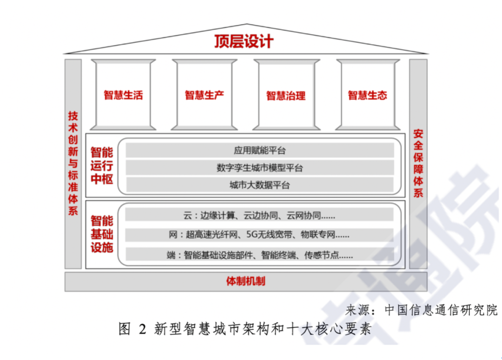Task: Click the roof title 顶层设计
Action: coord(244,42)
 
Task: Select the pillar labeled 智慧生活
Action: coord(123,95)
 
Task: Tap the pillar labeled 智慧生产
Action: coord(204,95)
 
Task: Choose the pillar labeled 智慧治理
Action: coord(286,95)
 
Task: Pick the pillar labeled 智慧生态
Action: coord(368,95)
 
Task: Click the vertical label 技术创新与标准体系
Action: coord(73,163)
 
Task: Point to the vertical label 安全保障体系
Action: coord(418,163)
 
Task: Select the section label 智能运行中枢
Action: coord(102,165)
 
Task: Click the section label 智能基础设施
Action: coord(102,234)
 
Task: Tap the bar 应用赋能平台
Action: coord(260,151)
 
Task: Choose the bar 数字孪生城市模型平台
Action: coord(260,168)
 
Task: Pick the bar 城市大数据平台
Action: coord(260,185)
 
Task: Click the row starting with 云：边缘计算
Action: coord(259,216)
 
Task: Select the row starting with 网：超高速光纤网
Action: coord(259,235)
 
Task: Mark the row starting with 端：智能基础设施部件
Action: coord(259,255)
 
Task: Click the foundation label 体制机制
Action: coord(245,281)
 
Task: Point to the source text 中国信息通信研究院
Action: coord(441,310)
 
